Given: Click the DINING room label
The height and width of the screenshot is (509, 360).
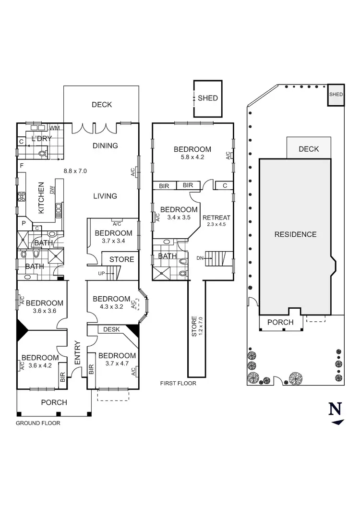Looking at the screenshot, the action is click(105, 145).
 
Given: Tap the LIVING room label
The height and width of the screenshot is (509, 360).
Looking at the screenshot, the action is click(105, 195).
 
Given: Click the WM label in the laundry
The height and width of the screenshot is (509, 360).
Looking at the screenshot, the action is click(55, 128).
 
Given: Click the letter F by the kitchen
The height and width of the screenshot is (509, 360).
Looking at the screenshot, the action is click(21, 166).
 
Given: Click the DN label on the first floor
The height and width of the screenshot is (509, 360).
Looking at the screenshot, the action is click(200, 258).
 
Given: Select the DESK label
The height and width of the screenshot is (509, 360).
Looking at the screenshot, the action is click(111, 329).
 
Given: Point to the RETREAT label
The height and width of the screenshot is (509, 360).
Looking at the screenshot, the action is click(216, 218).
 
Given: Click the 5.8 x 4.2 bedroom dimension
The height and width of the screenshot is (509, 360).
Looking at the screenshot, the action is click(192, 157).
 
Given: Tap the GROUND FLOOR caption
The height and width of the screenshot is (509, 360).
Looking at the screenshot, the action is click(38, 424).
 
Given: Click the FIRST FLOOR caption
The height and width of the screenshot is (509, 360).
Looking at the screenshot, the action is click(178, 384).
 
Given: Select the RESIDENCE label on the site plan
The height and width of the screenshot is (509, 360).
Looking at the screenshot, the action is click(295, 234).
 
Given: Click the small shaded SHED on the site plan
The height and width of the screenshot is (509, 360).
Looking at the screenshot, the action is click(336, 95).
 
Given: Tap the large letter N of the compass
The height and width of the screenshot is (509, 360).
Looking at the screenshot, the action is click(335, 409).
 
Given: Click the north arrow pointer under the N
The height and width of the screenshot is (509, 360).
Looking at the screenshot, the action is click(338, 422).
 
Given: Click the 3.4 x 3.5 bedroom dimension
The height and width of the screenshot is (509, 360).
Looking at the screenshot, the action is click(179, 217).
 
